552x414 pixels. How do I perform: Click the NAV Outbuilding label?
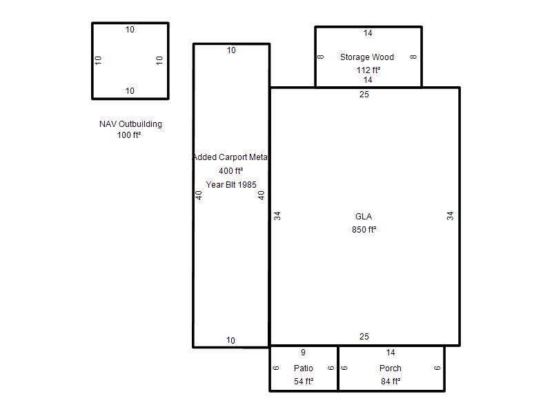tap(130, 124)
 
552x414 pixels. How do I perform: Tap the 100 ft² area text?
tap(129, 135)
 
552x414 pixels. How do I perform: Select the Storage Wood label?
tap(367, 57)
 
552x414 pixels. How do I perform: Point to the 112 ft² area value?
tap(368, 70)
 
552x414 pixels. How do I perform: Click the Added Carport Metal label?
tap(230, 157)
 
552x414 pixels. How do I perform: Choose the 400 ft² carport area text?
tap(231, 171)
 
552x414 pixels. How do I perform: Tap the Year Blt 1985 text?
tap(231, 185)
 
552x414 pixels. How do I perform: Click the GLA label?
tap(364, 217)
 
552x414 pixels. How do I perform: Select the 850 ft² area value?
tap(364, 230)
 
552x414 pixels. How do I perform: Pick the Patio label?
tap(304, 368)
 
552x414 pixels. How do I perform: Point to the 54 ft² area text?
tap(304, 382)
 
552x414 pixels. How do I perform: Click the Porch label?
tap(391, 368)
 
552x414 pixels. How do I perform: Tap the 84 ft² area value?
tap(391, 382)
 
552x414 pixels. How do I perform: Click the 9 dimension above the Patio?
tap(303, 353)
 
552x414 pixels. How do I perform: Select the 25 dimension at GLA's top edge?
tap(364, 95)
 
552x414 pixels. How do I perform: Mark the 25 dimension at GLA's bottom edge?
tap(364, 337)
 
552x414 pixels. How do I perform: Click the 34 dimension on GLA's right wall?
tap(450, 216)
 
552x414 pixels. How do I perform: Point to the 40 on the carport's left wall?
tap(199, 195)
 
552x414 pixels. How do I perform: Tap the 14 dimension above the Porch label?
tap(391, 353)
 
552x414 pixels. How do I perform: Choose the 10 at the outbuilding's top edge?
tap(130, 30)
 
